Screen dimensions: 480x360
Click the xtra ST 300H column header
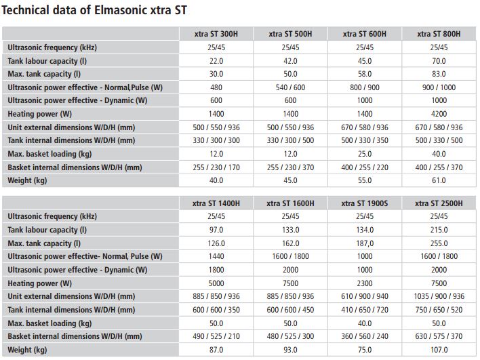[x=216, y=34]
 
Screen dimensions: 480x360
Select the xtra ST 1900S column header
[x=365, y=203]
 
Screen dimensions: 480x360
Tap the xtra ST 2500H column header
[x=439, y=203]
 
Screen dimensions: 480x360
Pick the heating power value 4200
[x=439, y=114]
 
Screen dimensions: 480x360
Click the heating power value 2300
[x=365, y=283]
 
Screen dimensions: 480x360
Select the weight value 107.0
[x=439, y=350]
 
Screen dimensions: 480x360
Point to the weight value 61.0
[x=439, y=180]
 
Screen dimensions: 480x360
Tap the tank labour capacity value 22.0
[x=216, y=61]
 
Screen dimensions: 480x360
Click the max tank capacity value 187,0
[x=365, y=243]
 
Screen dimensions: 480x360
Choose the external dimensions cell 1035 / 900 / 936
[x=439, y=296]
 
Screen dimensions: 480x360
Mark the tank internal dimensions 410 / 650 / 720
[x=365, y=310]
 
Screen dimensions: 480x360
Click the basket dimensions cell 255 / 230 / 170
[x=216, y=167]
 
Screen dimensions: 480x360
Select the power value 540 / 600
[x=290, y=87]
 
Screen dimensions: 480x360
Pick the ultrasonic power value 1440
[x=216, y=256]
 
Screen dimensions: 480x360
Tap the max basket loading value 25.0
[x=365, y=154]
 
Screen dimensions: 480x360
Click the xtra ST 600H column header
[x=365, y=34]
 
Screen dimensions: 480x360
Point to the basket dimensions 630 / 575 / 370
[x=439, y=336]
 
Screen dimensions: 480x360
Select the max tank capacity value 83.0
[x=439, y=74]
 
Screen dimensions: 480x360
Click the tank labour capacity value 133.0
[x=290, y=230]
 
